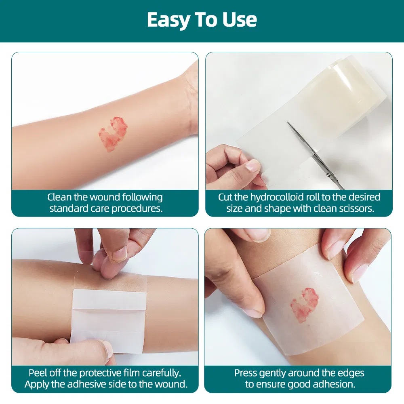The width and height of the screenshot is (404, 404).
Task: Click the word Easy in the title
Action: (168, 20)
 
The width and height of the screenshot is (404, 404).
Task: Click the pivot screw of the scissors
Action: (328, 175)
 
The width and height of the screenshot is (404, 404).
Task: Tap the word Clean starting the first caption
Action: (59, 198)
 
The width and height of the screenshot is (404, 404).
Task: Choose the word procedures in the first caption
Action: (137, 209)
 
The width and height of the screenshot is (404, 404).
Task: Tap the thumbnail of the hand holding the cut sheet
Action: (253, 165)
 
